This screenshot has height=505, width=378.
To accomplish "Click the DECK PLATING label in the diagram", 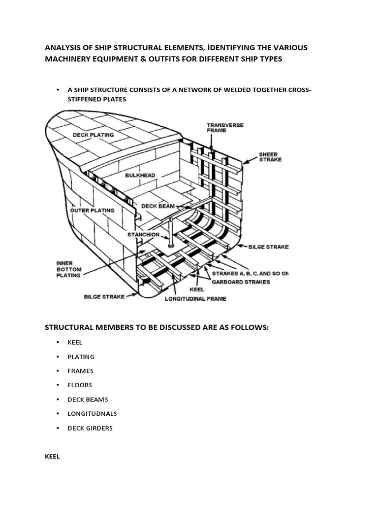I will [93, 134].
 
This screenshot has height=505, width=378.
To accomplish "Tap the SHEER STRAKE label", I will [269, 157].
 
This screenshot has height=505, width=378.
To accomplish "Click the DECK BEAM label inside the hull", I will [158, 206].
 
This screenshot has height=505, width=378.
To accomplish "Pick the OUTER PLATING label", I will [92, 210].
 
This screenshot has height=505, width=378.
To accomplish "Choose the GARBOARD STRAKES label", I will [241, 282].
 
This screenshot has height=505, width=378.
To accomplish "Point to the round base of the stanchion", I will [171, 245].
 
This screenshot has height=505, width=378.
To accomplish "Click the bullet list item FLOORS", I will [80, 385].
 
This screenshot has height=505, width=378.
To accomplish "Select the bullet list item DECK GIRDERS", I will [90, 428].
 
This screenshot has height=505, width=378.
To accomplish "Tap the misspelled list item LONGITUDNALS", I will [92, 414].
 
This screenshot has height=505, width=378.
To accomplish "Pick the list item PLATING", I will [81, 357].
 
